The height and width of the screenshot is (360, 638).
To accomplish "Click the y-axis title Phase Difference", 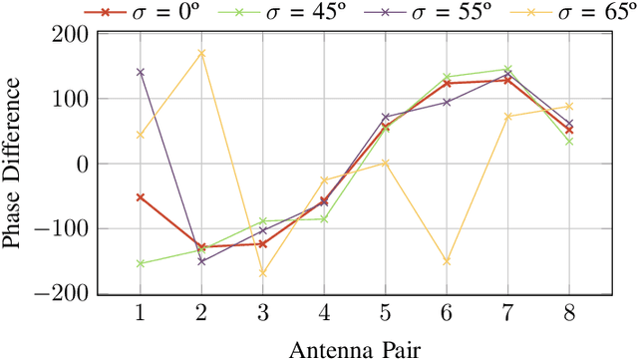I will point(13,164).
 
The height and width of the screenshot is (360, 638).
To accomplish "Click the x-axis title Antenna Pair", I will point(354,348).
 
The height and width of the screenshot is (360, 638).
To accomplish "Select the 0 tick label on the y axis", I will point(83,164).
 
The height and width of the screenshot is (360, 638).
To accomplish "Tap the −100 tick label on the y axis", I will point(66,229).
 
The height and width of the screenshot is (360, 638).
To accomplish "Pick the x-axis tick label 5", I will point(385,314).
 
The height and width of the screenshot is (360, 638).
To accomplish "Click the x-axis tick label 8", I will point(568,314).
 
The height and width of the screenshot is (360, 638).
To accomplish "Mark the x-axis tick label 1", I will point(140,314).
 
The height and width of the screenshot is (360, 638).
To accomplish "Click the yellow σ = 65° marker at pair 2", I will point(201,53).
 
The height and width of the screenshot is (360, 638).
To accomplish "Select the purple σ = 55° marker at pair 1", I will point(140,72).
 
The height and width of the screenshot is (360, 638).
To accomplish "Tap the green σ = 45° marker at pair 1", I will point(140,263).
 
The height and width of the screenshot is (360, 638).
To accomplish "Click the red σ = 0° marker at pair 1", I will point(140,197).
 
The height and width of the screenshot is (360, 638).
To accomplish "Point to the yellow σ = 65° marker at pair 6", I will point(447,261).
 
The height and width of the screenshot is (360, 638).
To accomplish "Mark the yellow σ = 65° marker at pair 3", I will point(262,273).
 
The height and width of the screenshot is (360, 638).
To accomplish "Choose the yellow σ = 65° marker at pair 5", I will point(385,163).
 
